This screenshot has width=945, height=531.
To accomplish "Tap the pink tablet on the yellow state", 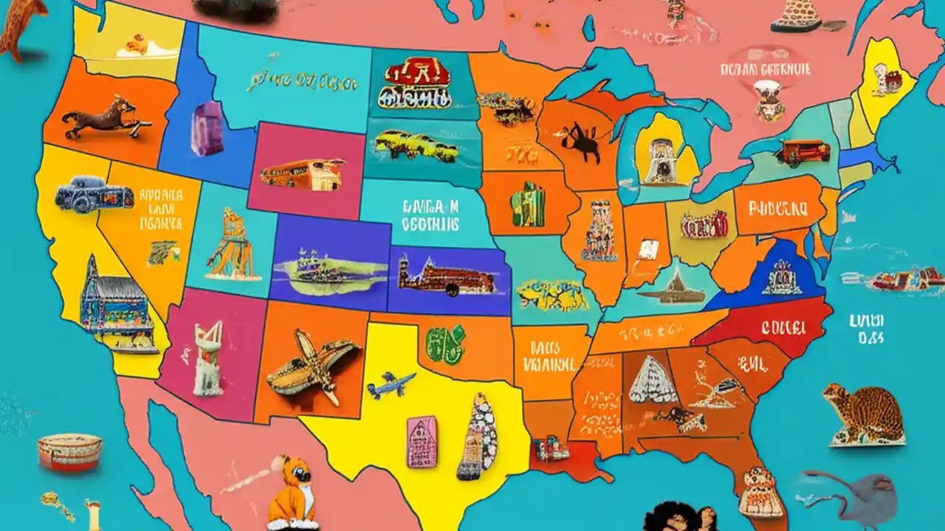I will click(x=422, y=441).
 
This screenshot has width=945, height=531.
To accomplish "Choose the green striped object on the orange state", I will click(x=529, y=204).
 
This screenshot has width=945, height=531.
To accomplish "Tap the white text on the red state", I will click(x=783, y=326).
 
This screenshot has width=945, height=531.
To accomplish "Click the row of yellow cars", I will click(x=416, y=145).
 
